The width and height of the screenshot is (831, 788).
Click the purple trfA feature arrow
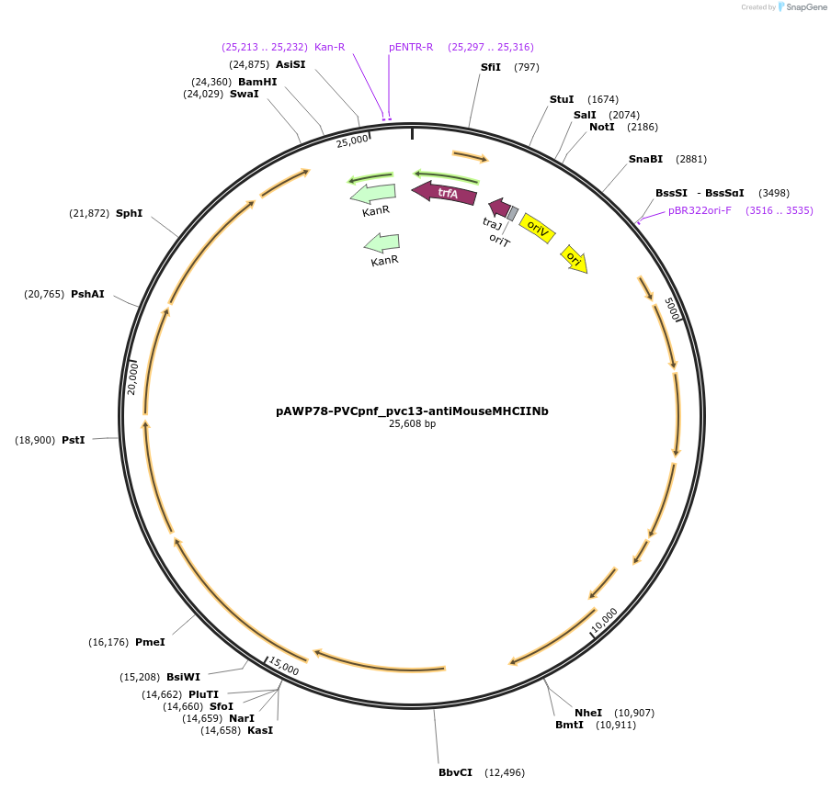click(446, 193)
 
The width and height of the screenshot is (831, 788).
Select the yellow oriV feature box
click(537, 228)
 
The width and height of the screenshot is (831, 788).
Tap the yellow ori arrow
click(575, 259)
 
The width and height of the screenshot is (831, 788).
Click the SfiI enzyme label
click(491, 67)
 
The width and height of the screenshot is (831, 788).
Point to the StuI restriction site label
click(561, 99)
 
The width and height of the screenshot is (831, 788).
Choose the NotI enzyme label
click(601, 127)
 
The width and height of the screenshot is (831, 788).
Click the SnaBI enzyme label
click(645, 159)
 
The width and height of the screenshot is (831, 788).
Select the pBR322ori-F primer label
click(700, 210)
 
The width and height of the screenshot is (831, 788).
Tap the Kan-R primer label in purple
click(329, 47)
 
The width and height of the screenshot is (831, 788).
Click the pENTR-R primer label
click(411, 47)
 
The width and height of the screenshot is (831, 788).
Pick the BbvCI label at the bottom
click(455, 772)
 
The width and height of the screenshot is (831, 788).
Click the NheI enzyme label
click(588, 713)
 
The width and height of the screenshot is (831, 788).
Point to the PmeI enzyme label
click(150, 642)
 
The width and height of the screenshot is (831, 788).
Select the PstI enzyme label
click(74, 440)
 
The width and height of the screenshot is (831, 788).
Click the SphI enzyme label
click(129, 213)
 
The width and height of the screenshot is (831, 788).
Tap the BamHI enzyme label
click(257, 82)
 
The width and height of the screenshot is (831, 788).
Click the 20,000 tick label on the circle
click(132, 377)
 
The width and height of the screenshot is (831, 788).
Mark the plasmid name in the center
click(412, 411)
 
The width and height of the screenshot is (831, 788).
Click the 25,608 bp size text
click(412, 424)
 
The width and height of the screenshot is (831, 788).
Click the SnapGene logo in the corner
click(802, 7)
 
